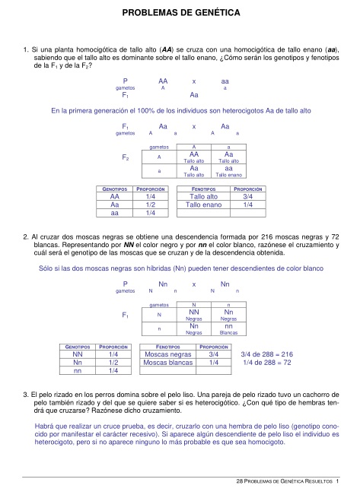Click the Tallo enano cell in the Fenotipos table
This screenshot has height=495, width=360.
[203, 205]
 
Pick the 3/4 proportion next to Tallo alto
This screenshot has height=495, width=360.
[247, 195]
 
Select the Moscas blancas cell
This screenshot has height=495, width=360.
[167, 363]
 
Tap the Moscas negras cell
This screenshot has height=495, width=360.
[167, 354]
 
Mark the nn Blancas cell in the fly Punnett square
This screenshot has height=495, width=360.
[228, 329]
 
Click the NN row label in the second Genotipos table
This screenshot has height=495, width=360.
[77, 354]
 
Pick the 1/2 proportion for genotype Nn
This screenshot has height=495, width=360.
[113, 363]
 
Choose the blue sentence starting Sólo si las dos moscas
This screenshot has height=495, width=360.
[181, 268]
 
